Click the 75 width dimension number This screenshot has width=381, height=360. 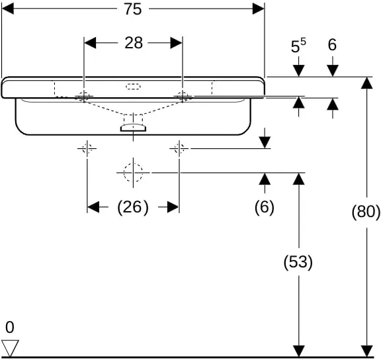coord(133,9)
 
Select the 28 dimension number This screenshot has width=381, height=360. coord(134,43)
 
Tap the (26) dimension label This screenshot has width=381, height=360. coord(133,207)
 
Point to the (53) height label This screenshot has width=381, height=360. coord(298,263)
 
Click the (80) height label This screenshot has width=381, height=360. coord(366,212)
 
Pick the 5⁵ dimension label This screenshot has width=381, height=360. coord(298,46)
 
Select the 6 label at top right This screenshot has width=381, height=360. coord(332,45)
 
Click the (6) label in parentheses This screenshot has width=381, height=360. coord(265,207)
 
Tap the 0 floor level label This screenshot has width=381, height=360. coord(10,328)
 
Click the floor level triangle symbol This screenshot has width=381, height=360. coord(10,348)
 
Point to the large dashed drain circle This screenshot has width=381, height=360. coord(133,173)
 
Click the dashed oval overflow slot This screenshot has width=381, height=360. coord(133,86)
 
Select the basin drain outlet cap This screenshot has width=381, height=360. coord(134,128)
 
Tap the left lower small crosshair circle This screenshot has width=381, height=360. coord(87,148)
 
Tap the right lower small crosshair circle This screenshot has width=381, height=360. coord(179,148)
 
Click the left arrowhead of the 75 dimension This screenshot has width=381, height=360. coord(7,9)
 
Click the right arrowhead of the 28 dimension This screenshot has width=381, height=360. coord(177,43)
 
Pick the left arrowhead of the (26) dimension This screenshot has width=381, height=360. coord(93,207)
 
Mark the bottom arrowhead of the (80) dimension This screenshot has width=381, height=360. coord(366,351)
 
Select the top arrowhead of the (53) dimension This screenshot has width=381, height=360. coord(299,179)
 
